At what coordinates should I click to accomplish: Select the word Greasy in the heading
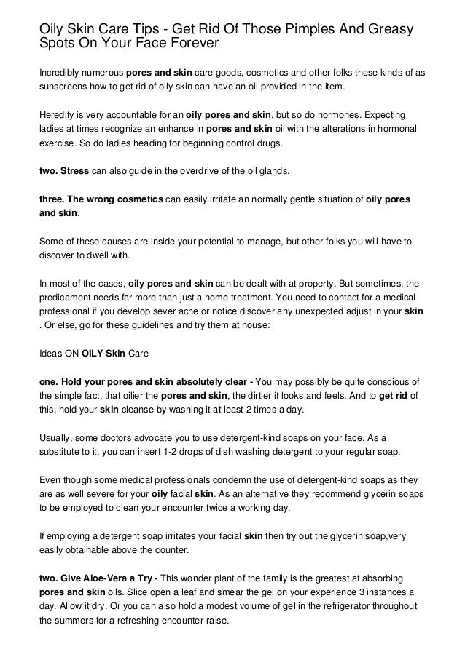(x=390, y=30)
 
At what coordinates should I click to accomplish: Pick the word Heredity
(x=58, y=116)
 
